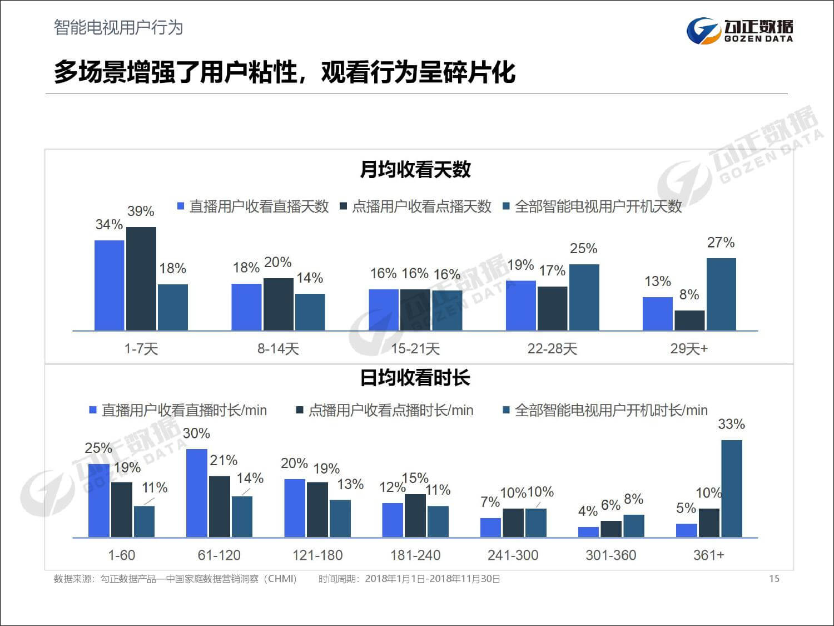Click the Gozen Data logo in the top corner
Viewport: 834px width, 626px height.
tap(739, 30)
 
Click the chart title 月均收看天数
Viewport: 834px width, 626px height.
tap(415, 169)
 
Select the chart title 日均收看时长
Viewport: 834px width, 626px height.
tap(415, 378)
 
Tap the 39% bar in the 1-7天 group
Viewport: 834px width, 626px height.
tap(141, 278)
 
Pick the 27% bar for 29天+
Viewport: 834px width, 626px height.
tap(721, 294)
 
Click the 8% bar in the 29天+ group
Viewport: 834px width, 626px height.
tap(689, 321)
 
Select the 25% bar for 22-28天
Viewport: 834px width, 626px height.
tap(584, 297)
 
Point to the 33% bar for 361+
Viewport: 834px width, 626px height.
tap(732, 489)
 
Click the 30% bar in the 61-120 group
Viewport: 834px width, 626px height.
tap(197, 493)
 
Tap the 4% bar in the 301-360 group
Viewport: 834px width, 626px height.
tap(588, 532)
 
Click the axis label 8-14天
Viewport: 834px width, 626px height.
tap(278, 349)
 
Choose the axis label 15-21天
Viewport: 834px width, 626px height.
tap(415, 349)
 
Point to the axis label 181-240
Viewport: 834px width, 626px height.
tap(415, 555)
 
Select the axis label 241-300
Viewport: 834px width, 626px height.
tap(513, 555)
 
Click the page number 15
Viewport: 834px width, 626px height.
tap(774, 579)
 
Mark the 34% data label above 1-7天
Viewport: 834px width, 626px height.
tap(109, 224)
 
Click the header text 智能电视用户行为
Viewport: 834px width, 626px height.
tap(118, 27)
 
